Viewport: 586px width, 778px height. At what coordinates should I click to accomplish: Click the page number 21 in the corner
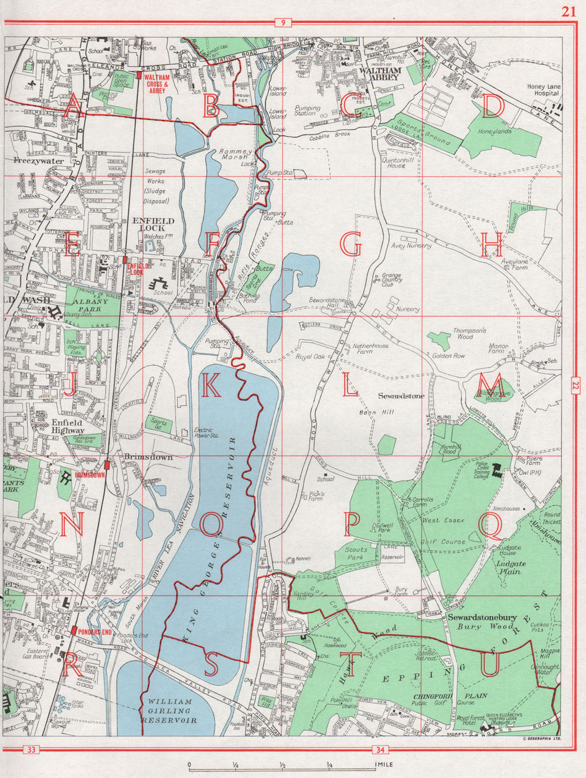[567, 12]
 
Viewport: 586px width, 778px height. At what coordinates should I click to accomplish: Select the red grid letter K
[211, 385]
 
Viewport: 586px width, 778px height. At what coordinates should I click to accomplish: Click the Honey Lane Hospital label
[543, 90]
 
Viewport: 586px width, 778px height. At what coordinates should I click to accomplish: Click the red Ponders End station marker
[73, 631]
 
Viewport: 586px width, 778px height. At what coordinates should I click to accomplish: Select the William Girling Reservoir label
[170, 710]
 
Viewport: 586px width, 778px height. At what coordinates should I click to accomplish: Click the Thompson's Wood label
[469, 334]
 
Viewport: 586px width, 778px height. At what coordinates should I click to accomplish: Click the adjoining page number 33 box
[32, 749]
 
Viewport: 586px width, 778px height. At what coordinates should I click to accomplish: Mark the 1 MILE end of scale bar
[376, 765]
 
